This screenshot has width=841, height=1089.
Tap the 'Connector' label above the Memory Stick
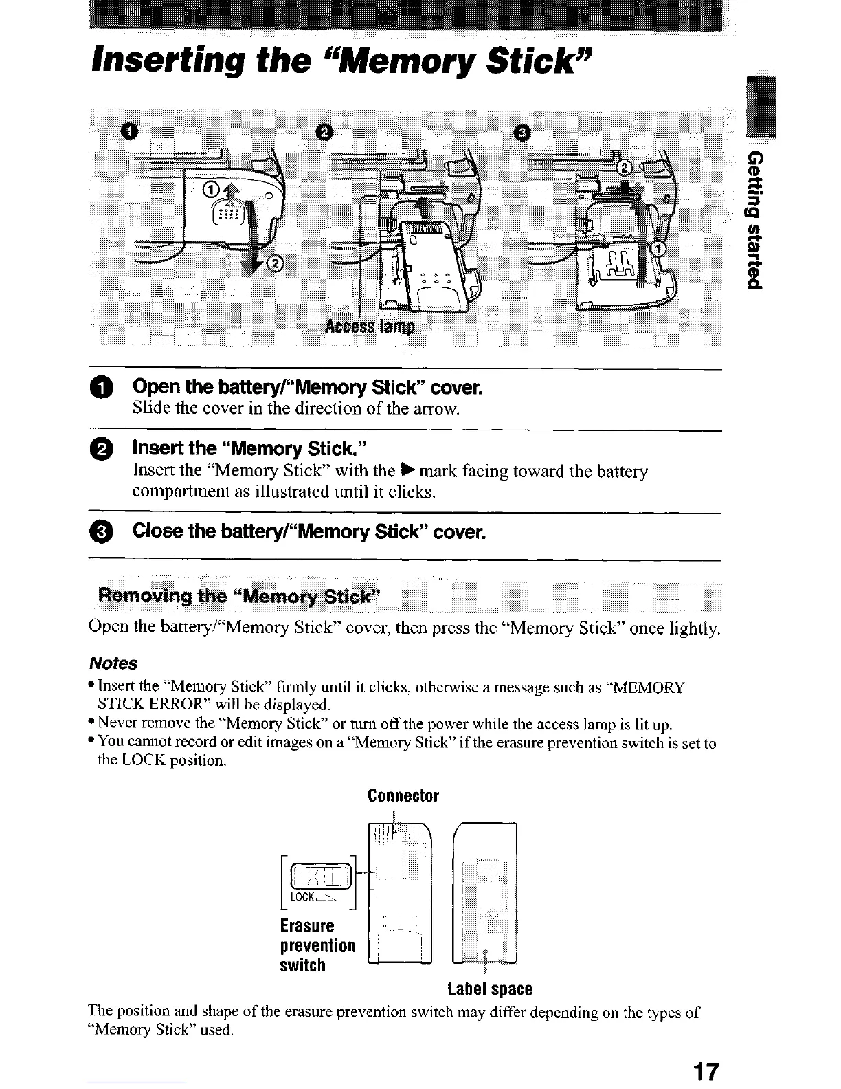pos(403,796)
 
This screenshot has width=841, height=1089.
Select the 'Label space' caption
pos(489,989)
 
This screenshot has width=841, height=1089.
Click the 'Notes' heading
pos(113,663)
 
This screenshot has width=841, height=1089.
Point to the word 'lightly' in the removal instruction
pos(693,628)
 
